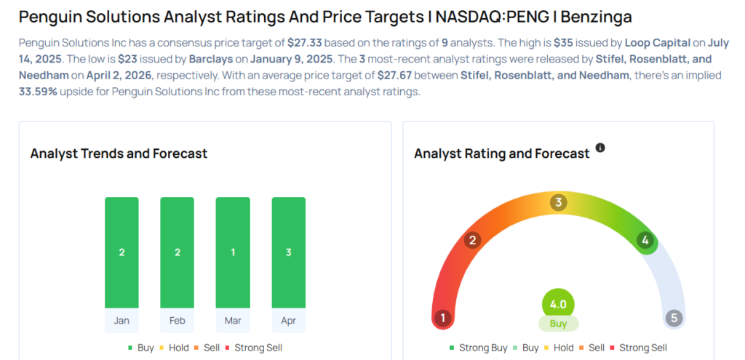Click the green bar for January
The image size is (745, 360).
[x=121, y=252]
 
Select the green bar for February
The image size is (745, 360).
[x=177, y=252]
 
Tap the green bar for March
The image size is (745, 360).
[x=233, y=252]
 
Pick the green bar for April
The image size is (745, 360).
[x=288, y=252]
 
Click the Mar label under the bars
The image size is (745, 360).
[x=233, y=321]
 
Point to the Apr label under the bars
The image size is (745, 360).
[x=288, y=321]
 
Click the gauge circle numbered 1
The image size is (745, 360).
[x=442, y=319]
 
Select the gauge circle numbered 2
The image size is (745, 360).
[x=472, y=240]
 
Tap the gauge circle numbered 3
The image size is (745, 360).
[x=558, y=202]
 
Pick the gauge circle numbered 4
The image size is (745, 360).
[x=644, y=240]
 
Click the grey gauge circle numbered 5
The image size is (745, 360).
[x=674, y=319]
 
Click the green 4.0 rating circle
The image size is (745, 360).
[x=558, y=304]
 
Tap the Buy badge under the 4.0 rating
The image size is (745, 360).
[x=558, y=324]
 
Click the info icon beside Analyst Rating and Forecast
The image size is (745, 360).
[x=600, y=148]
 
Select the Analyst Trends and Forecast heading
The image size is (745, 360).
[x=119, y=153]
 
